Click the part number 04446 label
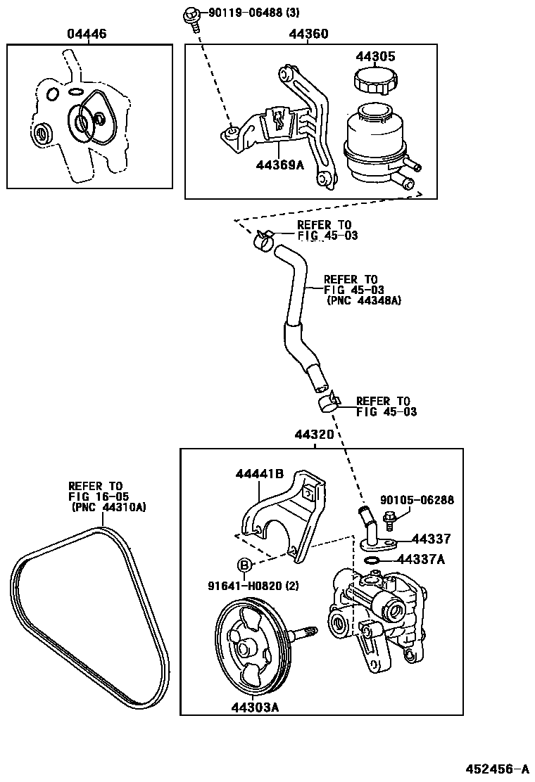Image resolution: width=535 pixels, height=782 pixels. point(87,34)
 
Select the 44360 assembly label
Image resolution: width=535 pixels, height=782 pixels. point(308,34)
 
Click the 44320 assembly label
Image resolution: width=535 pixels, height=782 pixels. point(314,436)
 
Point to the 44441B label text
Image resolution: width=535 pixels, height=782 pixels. point(259,475)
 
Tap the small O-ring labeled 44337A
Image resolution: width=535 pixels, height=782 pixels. point(372,560)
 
